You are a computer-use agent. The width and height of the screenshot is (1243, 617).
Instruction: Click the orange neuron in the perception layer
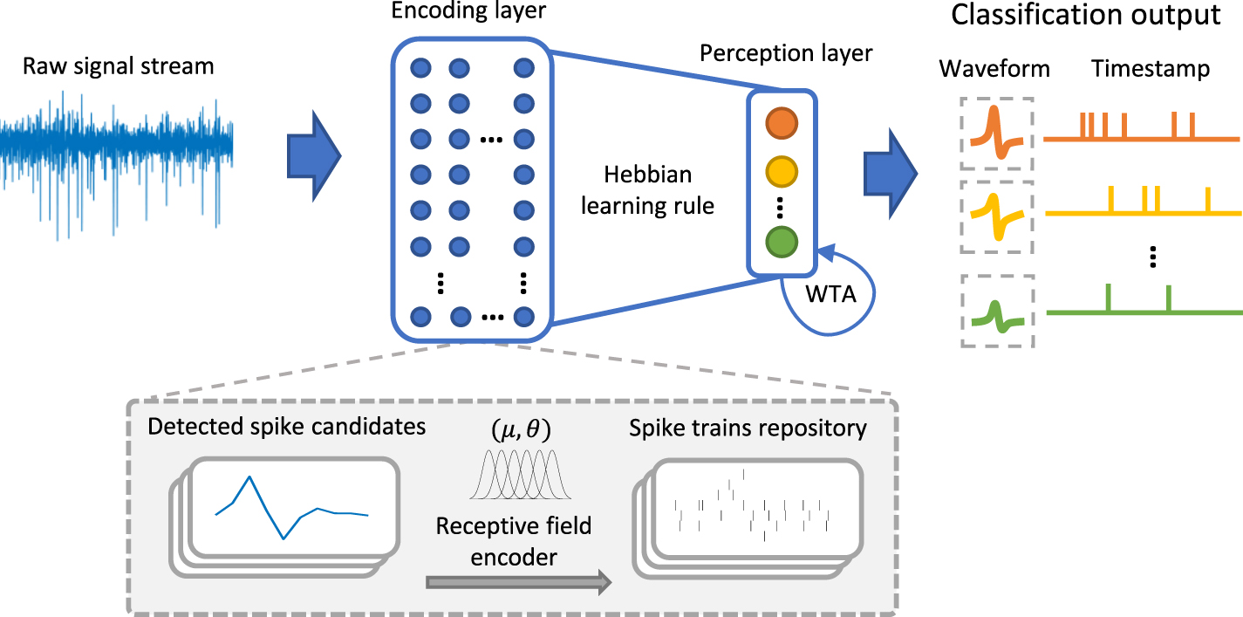[x=781, y=123]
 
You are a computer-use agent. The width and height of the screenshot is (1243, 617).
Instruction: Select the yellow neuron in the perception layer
[x=781, y=169]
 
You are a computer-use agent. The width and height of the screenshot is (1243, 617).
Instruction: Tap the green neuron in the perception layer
[x=781, y=242]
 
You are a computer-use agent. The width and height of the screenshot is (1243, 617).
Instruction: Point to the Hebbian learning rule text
[x=647, y=190]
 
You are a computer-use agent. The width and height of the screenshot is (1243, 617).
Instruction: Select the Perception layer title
[x=786, y=53]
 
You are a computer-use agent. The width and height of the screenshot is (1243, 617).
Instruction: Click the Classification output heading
[x=1085, y=16]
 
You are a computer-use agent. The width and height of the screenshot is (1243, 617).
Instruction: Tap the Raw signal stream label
[x=118, y=65]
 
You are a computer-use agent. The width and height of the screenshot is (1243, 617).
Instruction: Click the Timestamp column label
[x=1150, y=70]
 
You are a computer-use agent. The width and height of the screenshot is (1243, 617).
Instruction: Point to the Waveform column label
[x=994, y=70]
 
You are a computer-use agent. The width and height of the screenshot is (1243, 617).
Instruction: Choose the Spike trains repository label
[x=749, y=428]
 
